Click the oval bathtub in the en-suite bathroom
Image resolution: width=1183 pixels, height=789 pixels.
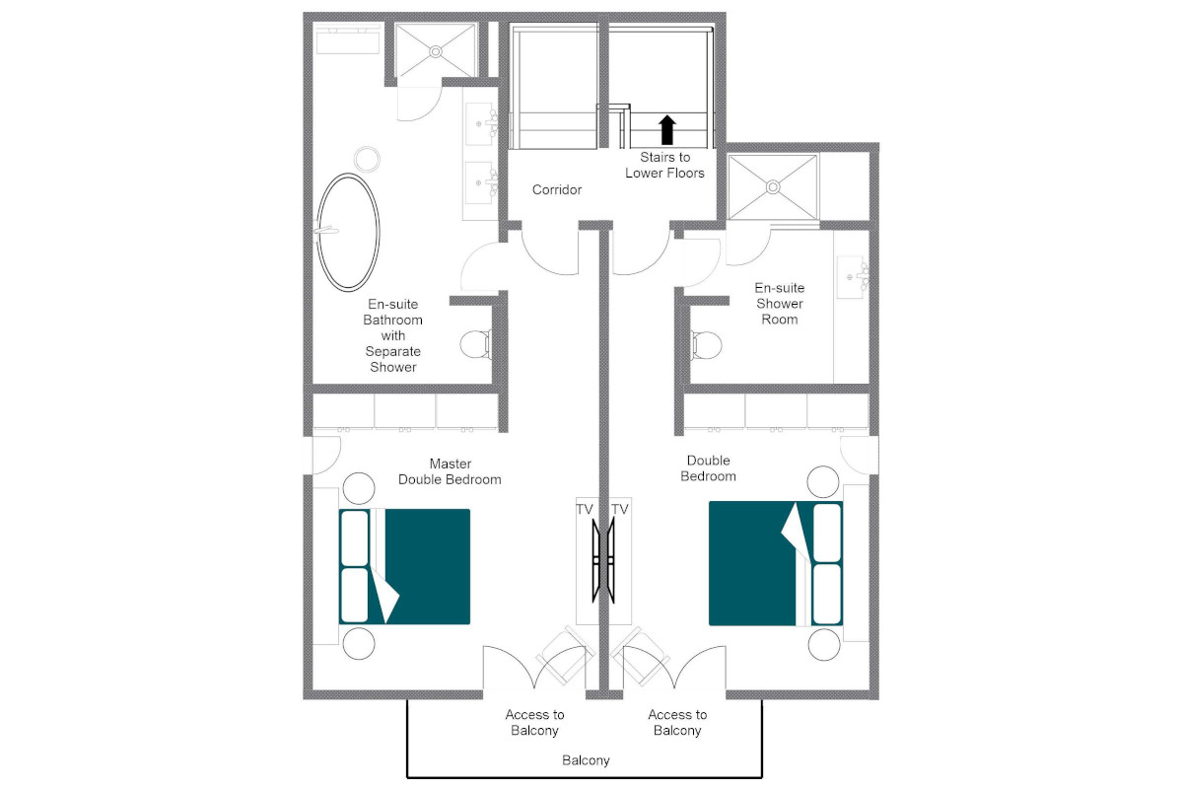click(346, 233)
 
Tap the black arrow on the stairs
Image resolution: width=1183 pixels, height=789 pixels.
click(666, 129)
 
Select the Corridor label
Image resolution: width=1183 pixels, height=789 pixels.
click(557, 189)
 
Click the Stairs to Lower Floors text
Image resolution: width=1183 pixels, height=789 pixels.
click(664, 166)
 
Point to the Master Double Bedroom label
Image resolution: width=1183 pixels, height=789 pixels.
click(450, 471)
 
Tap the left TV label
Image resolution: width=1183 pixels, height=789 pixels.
click(586, 509)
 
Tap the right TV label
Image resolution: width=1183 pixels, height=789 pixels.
click(620, 509)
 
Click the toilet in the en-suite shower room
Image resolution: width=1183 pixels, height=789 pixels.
click(706, 344)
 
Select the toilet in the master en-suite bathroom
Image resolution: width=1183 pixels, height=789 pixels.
click(475, 344)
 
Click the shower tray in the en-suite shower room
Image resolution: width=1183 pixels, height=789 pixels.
click(773, 185)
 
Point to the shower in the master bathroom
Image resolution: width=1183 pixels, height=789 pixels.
click(435, 49)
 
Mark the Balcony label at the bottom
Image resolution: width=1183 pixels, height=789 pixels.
click(586, 760)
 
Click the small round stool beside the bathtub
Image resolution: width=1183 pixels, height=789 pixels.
click(367, 157)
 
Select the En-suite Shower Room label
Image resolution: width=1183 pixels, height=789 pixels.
click(779, 304)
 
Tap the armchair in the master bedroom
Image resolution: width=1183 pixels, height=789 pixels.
click(563, 655)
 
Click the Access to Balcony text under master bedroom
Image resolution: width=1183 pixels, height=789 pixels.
click(534, 723)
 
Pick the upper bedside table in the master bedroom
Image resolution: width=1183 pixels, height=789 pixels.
click(357, 488)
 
